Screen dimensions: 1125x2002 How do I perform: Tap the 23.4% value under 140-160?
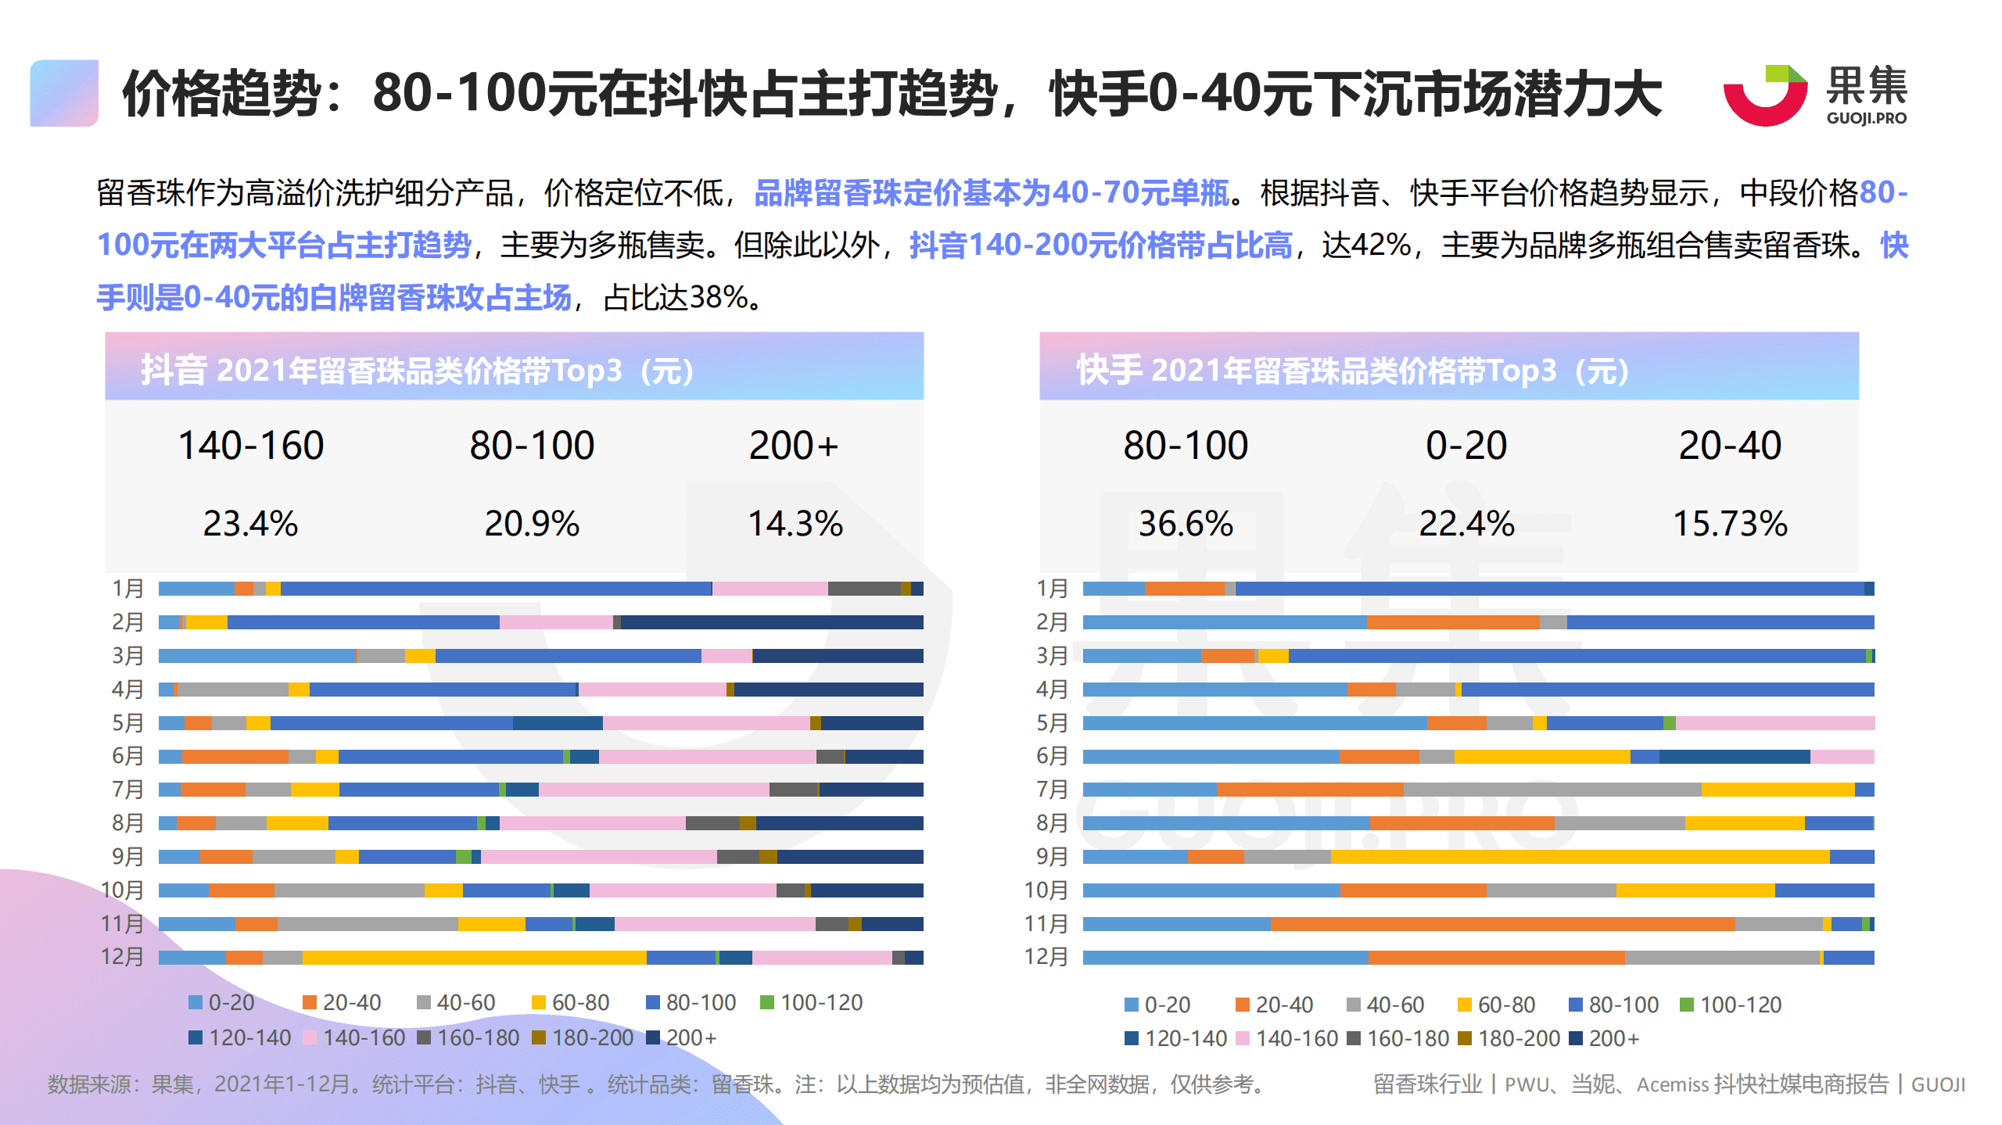coord(250,524)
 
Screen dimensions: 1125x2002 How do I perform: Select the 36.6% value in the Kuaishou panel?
coord(1186,524)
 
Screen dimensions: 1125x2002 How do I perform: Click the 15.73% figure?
coord(1730,524)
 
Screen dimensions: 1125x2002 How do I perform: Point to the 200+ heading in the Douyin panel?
coord(793,446)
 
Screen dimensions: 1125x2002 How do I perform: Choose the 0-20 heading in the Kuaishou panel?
coord(1466,446)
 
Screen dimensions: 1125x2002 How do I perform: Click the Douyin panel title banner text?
coord(418,371)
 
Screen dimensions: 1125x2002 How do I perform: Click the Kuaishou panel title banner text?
coord(1353,371)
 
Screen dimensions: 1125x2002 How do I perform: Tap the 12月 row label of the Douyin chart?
coord(123,957)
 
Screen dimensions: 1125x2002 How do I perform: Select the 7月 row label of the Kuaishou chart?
coord(1052,790)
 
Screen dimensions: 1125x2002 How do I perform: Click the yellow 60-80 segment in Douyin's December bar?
coord(474,958)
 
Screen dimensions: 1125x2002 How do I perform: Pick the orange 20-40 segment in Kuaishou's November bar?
coord(1501,924)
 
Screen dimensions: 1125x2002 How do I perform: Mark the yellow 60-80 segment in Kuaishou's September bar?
coord(1580,857)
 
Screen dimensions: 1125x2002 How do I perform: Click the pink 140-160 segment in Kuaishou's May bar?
coord(1775,723)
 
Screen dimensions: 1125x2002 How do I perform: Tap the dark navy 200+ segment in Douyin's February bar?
coord(771,622)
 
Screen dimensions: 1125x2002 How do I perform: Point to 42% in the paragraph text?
coord(1382,245)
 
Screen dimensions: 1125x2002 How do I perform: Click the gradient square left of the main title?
coord(64,93)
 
